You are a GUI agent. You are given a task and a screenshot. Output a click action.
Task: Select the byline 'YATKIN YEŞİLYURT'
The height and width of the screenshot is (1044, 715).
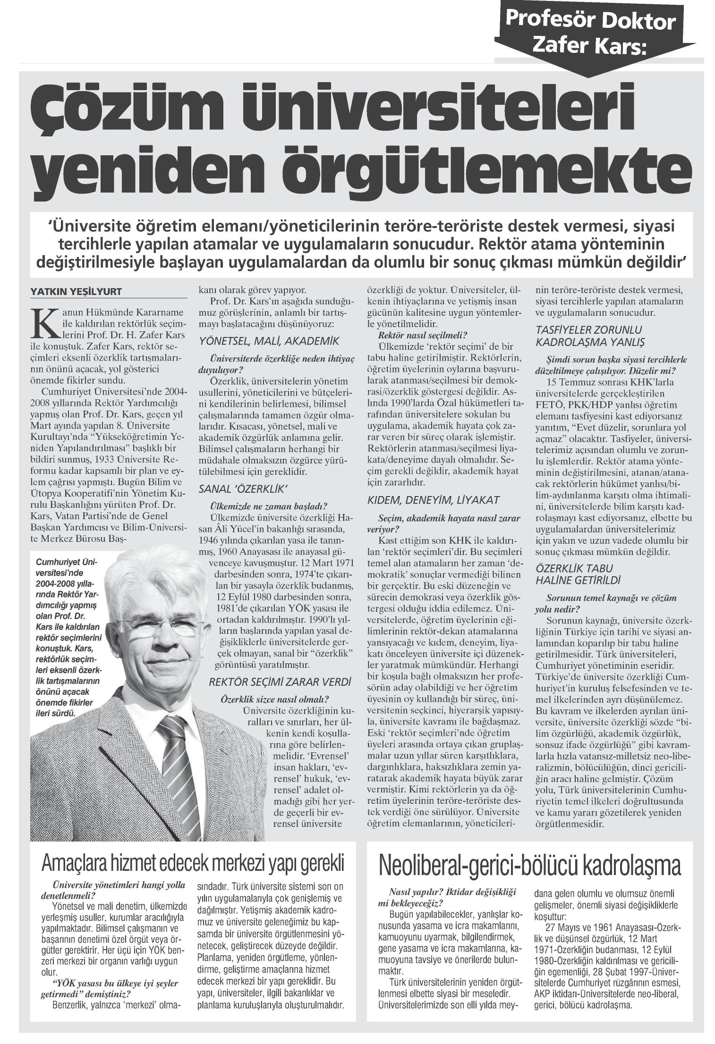[76, 292]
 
